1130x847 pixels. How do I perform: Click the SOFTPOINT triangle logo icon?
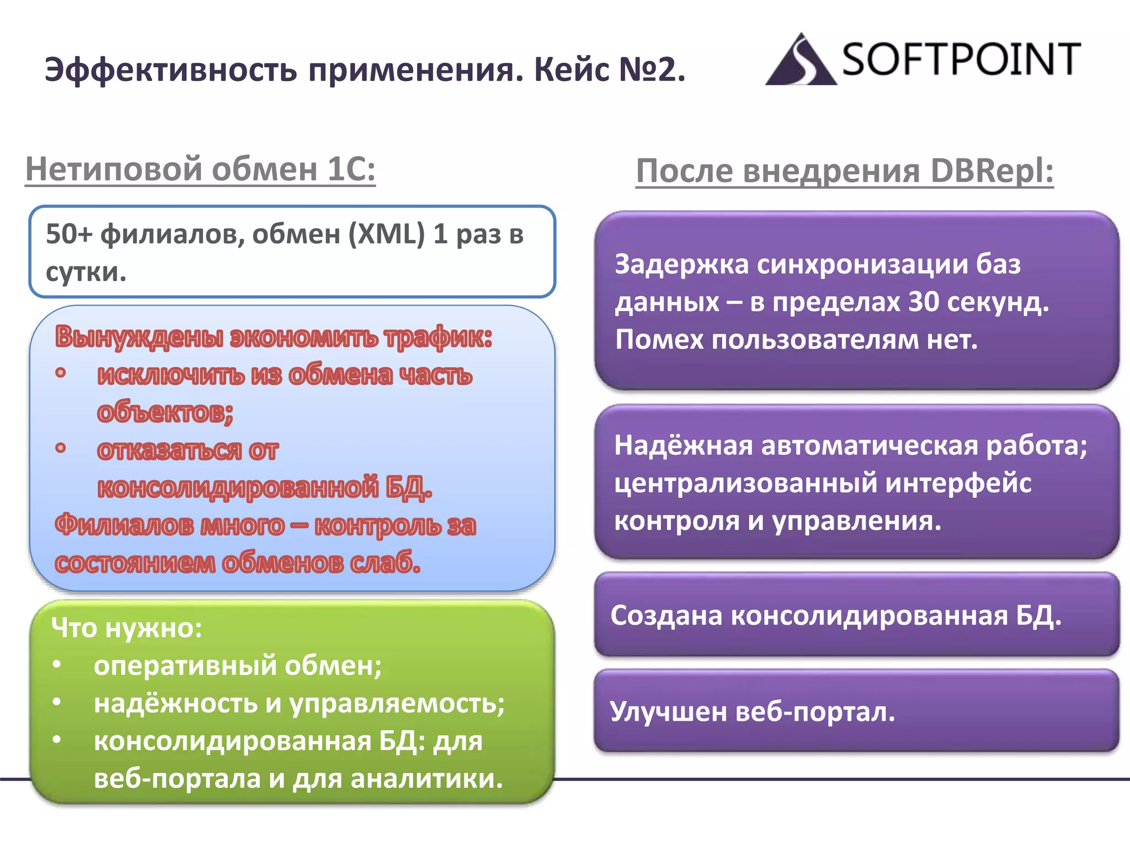click(800, 61)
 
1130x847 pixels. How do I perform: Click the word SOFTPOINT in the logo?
click(961, 60)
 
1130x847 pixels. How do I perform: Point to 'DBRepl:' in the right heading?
click(992, 170)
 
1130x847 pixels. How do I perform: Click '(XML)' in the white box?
click(386, 234)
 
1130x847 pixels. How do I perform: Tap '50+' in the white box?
click(69, 234)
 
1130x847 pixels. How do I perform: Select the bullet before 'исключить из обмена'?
click(61, 373)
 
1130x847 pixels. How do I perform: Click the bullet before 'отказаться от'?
click(61, 448)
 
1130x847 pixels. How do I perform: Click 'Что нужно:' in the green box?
click(126, 628)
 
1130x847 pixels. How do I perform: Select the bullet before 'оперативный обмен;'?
click(57, 664)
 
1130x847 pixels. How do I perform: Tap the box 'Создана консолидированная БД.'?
click(856, 615)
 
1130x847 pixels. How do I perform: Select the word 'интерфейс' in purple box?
click(958, 484)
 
